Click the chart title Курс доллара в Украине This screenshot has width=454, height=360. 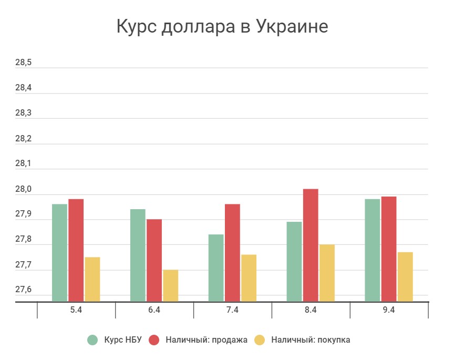(222, 26)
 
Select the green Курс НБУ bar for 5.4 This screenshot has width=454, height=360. (60, 252)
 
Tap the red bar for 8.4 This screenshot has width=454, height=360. (311, 245)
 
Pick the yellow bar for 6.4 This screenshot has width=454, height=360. (171, 285)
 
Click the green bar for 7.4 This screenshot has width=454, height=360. (216, 268)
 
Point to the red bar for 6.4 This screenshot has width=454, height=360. (154, 260)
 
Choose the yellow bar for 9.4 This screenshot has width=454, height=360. (405, 276)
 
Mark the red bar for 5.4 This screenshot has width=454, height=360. (76, 250)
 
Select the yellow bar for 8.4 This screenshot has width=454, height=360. (327, 273)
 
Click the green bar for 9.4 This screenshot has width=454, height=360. (373, 250)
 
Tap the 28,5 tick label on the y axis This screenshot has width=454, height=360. (24, 63)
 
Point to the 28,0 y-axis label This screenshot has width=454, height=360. (24, 190)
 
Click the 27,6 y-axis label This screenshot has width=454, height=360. (24, 291)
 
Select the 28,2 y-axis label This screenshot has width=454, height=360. (24, 139)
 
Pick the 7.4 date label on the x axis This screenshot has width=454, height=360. (232, 310)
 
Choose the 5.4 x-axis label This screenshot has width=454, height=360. (76, 310)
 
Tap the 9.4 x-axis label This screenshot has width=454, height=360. (389, 310)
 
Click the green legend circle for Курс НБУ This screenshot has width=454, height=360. (92, 340)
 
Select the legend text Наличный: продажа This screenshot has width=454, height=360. (207, 340)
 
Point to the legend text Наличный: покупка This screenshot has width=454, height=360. (311, 340)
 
